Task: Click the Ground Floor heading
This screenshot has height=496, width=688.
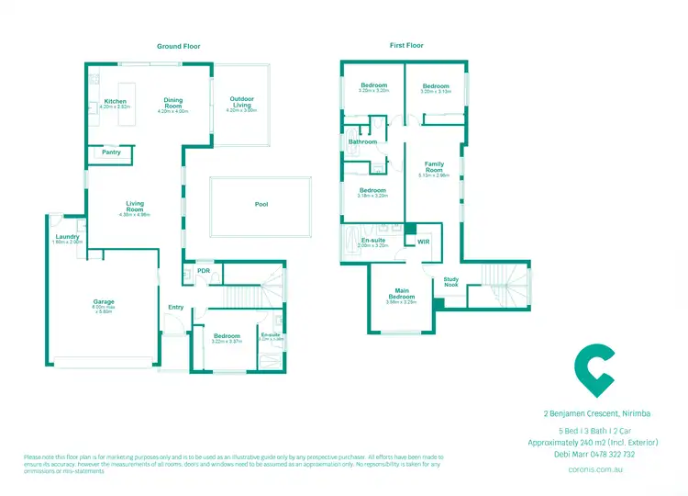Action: click(x=178, y=46)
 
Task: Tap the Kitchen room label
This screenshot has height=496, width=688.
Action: click(x=116, y=101)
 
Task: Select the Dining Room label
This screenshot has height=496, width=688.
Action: click(x=173, y=103)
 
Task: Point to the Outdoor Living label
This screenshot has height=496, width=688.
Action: click(x=241, y=102)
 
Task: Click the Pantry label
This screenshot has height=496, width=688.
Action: click(x=112, y=152)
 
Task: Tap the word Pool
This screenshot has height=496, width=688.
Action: click(x=261, y=205)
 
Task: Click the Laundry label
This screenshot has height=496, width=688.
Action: click(x=68, y=237)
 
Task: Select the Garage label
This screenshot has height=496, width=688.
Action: click(x=103, y=301)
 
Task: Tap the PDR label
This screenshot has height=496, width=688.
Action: click(x=203, y=271)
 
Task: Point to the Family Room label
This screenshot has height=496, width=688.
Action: click(x=434, y=167)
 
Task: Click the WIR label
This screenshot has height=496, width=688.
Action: click(x=423, y=242)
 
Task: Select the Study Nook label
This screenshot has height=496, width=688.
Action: click(x=451, y=281)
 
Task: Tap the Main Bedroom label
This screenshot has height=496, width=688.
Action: click(x=402, y=295)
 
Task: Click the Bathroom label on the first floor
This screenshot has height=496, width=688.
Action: click(x=362, y=141)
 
